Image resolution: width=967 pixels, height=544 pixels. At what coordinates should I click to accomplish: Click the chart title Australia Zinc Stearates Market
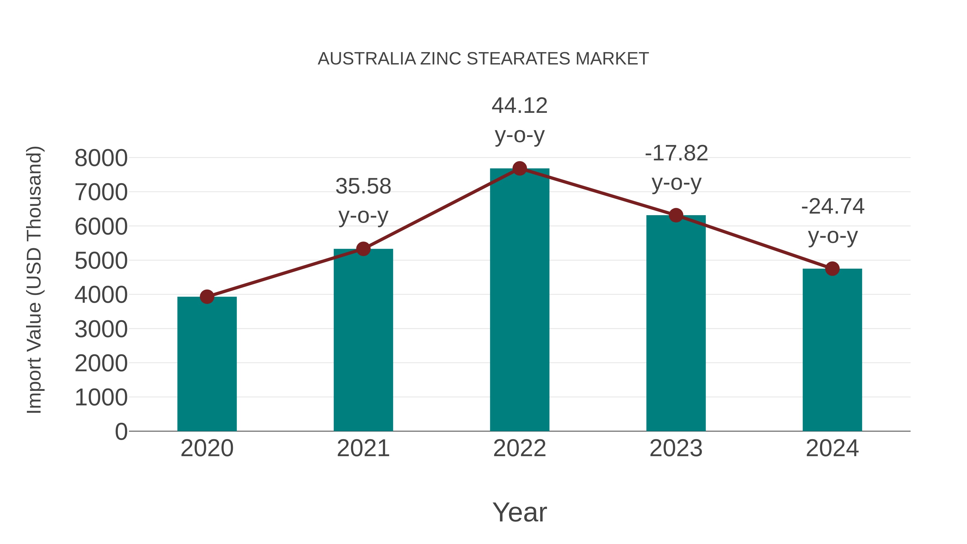483,59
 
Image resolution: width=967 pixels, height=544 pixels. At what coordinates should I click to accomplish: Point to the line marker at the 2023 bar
676,215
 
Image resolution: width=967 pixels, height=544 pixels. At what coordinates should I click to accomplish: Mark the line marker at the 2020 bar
207,297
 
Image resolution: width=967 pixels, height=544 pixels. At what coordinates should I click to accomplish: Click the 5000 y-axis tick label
101,261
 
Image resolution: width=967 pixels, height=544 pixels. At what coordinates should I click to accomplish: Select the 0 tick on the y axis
121,432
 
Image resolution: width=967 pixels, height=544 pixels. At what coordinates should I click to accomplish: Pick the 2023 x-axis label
676,448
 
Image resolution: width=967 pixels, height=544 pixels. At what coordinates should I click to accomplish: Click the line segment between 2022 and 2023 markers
598,192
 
